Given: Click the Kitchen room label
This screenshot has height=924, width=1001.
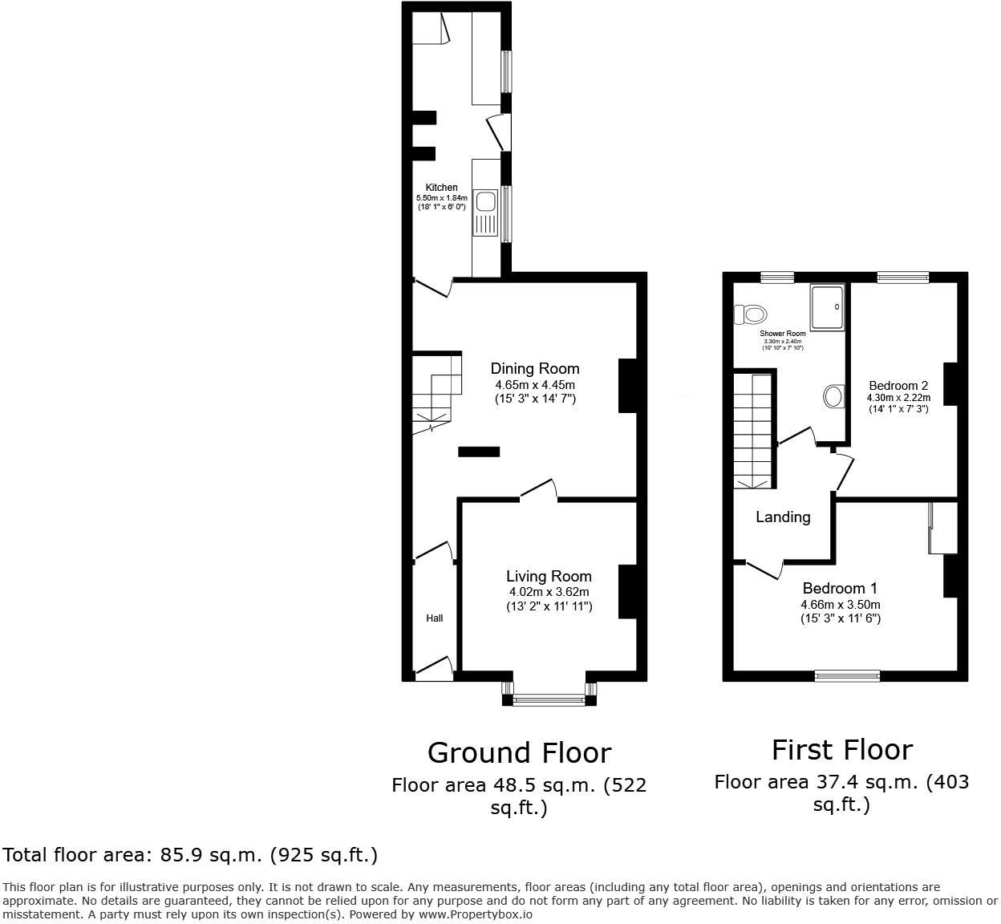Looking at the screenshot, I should [x=441, y=188].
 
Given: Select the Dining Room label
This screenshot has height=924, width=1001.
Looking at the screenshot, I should [x=535, y=369].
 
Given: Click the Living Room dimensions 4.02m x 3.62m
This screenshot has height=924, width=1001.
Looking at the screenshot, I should [x=549, y=592].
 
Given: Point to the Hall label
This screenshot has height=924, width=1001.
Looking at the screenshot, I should [x=434, y=618].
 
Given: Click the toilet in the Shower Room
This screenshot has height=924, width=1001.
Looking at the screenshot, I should [x=751, y=313].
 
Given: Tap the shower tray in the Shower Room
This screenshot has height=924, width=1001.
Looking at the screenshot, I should [x=827, y=306].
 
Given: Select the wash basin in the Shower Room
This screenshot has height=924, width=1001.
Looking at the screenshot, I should [x=834, y=395].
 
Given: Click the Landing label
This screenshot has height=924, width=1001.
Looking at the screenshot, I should [x=783, y=517].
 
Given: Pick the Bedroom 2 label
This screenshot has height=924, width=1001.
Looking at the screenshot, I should [x=898, y=386].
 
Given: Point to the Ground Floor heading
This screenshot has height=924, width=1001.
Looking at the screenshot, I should [x=519, y=753].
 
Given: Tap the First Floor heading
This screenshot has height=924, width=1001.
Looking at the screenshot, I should [x=842, y=750].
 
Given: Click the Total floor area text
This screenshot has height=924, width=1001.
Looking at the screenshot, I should [x=190, y=855].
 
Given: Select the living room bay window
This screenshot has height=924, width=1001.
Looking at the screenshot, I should [x=549, y=700].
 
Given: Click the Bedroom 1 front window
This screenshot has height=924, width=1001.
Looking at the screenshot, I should [x=847, y=676].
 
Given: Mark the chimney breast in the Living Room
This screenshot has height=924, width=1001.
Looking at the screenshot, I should [x=626, y=592].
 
